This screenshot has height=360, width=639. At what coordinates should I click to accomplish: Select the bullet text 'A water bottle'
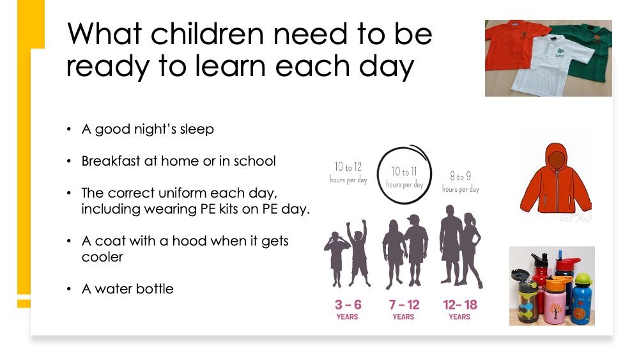(x=128, y=288)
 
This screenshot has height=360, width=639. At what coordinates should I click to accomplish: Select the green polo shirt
(x=587, y=49)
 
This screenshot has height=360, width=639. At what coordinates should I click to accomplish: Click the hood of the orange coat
(x=557, y=157)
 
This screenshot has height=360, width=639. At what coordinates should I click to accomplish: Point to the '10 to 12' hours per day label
(x=348, y=173)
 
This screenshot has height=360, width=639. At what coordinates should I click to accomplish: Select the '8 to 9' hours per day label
(x=461, y=182)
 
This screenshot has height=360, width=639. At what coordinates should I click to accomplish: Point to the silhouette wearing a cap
(x=416, y=249)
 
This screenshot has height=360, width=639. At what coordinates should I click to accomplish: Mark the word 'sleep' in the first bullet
(x=197, y=130)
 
